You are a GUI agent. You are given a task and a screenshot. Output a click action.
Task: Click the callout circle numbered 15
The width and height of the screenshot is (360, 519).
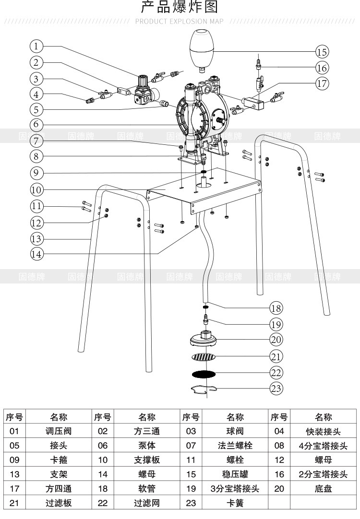(322, 51)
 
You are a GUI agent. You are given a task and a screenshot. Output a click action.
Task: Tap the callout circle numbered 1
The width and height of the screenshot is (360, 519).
(36, 46)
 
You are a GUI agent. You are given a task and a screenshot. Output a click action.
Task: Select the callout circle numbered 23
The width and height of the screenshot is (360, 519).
(276, 388)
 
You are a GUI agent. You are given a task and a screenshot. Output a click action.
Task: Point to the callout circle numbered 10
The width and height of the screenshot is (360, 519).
(36, 189)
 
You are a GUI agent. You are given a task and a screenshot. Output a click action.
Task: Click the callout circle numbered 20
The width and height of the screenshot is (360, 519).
(276, 340)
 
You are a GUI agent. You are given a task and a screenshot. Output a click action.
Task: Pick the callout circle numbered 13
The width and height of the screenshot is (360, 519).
(36, 238)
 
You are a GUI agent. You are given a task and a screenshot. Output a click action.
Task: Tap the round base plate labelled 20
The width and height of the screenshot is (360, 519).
(204, 340)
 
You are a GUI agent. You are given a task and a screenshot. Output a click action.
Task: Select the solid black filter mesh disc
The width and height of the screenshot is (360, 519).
(204, 373)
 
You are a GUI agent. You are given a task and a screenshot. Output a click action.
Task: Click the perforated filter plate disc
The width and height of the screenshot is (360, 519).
(204, 357)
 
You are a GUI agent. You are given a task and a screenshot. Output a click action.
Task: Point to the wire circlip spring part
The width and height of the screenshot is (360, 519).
(204, 390)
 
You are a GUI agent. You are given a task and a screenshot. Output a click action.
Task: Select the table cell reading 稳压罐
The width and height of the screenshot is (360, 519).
(235, 474)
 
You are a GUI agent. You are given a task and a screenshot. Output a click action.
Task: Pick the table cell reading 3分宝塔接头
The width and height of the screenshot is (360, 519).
(235, 489)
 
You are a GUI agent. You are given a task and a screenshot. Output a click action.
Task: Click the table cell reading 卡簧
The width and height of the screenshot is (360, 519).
(235, 503)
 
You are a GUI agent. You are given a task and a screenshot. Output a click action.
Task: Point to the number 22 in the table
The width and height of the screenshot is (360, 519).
(103, 503)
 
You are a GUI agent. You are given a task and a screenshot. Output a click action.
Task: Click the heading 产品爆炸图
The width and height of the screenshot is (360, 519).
(180, 8)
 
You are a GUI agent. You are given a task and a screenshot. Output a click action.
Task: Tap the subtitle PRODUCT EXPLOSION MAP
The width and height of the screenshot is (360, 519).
(180, 21)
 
